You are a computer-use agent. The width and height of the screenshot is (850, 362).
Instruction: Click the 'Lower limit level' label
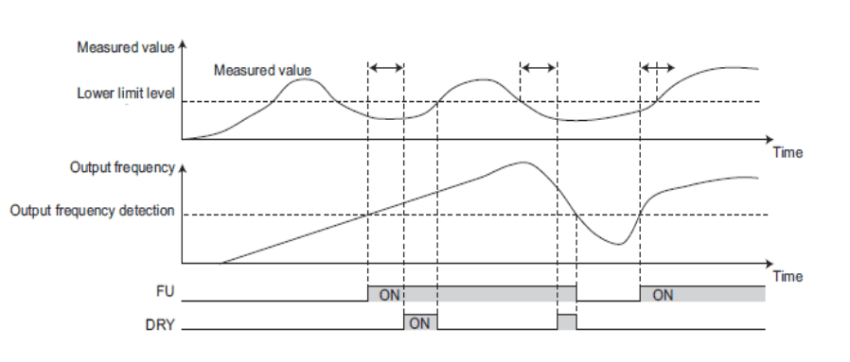click(x=126, y=93)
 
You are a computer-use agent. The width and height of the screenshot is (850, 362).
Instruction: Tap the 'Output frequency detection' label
click(x=92, y=211)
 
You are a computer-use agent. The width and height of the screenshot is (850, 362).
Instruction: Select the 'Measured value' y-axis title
click(x=126, y=47)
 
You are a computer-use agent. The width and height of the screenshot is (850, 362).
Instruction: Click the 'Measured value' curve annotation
click(x=262, y=70)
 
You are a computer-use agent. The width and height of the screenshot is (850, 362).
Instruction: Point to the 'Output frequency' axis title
click(x=122, y=167)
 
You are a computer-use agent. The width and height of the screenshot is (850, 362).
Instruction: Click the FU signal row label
click(x=165, y=292)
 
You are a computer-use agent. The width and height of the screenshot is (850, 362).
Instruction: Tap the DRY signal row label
click(x=161, y=324)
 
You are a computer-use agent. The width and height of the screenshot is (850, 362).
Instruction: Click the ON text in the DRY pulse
click(x=419, y=323)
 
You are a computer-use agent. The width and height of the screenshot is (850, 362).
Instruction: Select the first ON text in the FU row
click(x=389, y=295)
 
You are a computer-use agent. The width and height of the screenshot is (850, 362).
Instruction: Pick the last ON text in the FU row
click(x=663, y=295)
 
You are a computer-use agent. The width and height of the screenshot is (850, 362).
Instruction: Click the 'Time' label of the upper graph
click(x=788, y=152)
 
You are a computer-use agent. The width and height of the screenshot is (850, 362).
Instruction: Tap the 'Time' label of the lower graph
click(x=788, y=277)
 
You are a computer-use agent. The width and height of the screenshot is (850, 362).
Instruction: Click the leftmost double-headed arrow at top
click(x=386, y=68)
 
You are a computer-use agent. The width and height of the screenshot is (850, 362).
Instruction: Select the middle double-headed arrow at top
click(x=539, y=68)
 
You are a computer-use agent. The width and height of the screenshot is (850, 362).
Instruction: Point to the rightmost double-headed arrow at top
click(x=658, y=68)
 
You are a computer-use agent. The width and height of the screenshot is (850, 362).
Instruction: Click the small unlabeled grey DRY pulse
click(x=566, y=321)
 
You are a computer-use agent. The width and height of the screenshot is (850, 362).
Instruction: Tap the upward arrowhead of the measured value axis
click(x=182, y=43)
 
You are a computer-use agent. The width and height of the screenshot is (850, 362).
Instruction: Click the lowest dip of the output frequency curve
click(x=619, y=245)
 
